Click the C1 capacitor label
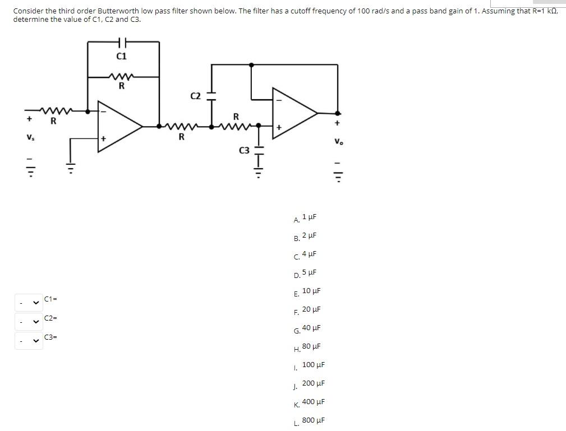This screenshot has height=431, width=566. click(121, 56)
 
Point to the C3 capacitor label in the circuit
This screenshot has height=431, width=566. click(244, 150)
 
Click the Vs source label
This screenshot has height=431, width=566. click(29, 138)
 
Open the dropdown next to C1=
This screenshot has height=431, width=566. click(29, 303)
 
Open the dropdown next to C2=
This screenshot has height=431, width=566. click(29, 322)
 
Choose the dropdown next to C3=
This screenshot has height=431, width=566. click(29, 341)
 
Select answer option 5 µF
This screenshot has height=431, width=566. click(309, 272)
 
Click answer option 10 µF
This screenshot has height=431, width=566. click(311, 291)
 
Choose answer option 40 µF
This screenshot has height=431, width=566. click(311, 328)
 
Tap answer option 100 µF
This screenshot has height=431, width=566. click(313, 365)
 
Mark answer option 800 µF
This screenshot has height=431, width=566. click(313, 420)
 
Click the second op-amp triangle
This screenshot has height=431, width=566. click(294, 113)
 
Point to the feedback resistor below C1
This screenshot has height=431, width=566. click(122, 77)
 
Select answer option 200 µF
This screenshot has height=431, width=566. click(313, 383)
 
